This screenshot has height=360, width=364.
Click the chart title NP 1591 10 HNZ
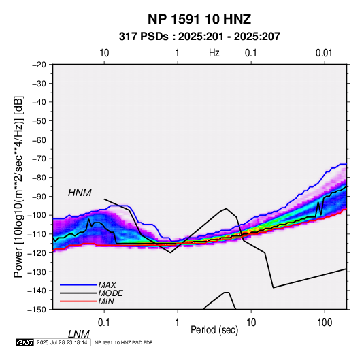[199, 19]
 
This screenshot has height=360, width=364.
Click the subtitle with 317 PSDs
[199, 37]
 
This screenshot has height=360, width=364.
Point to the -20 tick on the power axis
[39, 65]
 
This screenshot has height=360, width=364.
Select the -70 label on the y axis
[39, 159]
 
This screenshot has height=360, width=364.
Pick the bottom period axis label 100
[324, 322]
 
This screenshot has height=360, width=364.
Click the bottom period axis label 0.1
[104, 322]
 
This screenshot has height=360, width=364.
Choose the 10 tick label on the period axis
[251, 322]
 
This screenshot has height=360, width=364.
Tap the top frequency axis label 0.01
[324, 53]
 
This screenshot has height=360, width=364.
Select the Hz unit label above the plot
[214, 53]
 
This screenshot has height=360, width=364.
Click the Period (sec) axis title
[214, 330]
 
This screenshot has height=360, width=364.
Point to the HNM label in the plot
[80, 193]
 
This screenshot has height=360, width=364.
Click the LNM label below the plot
[78, 334]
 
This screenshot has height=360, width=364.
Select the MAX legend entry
[107, 284]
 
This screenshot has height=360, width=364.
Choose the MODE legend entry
[110, 293]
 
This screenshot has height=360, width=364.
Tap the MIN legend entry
[106, 301]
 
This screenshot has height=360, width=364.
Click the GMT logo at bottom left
[24, 342]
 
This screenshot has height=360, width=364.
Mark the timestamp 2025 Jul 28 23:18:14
[62, 342]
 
